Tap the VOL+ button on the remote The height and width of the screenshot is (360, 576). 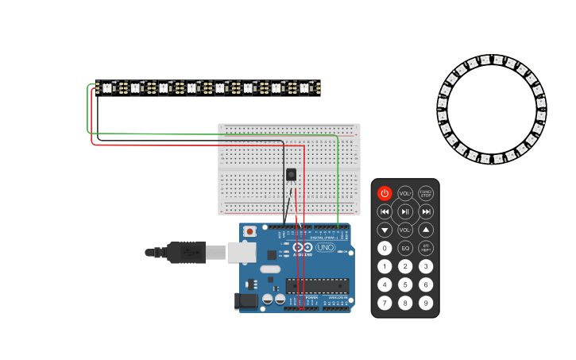[x=405, y=193]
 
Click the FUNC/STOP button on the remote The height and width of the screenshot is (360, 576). [x=426, y=193]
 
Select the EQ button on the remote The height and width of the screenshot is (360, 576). [x=405, y=248]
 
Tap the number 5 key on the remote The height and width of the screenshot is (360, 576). [x=405, y=285]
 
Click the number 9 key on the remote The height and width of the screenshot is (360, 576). [x=426, y=303]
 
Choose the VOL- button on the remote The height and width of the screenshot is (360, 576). [x=405, y=230]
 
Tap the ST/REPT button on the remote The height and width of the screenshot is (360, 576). [x=426, y=248]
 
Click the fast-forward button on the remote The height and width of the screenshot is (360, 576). [x=426, y=211]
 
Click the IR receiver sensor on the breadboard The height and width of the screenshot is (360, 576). [x=292, y=175]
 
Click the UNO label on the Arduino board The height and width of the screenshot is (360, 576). [x=325, y=247]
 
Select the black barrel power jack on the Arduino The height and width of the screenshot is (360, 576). [x=248, y=300]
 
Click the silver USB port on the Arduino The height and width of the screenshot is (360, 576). [x=242, y=252]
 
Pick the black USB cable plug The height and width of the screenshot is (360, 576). [x=187, y=252]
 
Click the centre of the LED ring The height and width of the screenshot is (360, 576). [x=492, y=109]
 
